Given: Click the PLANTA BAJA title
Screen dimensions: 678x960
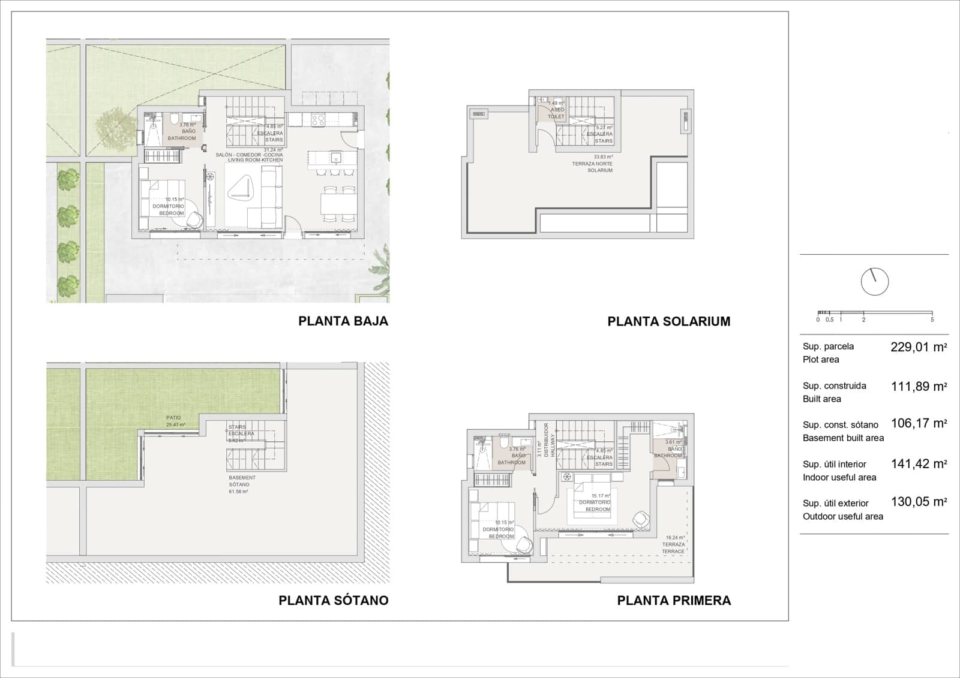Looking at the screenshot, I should [x=343, y=321].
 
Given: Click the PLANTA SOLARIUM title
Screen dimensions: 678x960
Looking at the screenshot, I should [x=668, y=321].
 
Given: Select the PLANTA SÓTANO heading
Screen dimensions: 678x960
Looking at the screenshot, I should [x=333, y=600].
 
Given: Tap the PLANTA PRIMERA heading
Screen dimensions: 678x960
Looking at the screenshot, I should [x=674, y=600].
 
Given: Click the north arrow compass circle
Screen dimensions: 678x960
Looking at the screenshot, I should [x=874, y=282].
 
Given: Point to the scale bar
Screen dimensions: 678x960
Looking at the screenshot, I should [x=875, y=313].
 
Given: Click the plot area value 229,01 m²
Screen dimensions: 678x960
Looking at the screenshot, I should [x=918, y=347].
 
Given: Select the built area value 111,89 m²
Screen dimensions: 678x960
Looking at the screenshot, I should [x=918, y=387].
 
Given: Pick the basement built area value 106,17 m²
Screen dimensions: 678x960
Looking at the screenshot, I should [x=918, y=423].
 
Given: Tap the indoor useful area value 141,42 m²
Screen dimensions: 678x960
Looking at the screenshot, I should [x=918, y=463].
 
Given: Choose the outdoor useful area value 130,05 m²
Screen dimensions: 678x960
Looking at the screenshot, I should [x=918, y=502].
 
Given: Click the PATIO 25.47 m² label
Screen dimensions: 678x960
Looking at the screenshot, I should [x=175, y=421].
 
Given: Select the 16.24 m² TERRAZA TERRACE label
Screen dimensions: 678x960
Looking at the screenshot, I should [x=674, y=544].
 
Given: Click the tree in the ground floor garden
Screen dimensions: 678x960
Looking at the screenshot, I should [x=115, y=125].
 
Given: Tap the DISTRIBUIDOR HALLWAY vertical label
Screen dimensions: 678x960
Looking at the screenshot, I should [x=542, y=440].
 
